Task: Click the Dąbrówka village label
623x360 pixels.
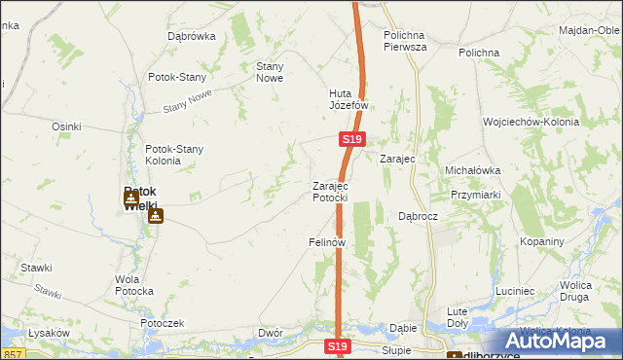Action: [191, 36]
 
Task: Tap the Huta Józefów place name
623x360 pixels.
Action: [348, 99]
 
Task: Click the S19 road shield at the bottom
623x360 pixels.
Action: [337, 346]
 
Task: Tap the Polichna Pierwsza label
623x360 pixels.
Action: [406, 39]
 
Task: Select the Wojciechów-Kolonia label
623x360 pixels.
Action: [531, 123]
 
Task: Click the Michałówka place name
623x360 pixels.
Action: [472, 170]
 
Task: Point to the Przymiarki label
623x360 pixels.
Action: [476, 194]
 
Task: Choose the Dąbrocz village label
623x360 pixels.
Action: [421, 216]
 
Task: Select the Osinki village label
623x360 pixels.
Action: [66, 126]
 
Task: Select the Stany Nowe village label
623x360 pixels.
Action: [269, 72]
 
